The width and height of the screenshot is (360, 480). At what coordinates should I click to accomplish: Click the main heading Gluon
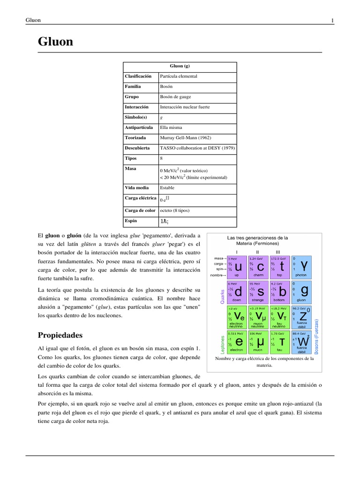(x=55, y=42)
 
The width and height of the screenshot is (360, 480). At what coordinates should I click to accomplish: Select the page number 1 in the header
(x=332, y=20)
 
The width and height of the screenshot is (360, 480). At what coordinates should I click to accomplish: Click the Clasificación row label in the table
(x=138, y=76)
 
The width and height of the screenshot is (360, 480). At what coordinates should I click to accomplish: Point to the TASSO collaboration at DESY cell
(x=197, y=148)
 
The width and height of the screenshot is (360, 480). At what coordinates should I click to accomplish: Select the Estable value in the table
(x=167, y=187)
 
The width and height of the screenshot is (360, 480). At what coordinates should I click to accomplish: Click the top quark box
(x=280, y=267)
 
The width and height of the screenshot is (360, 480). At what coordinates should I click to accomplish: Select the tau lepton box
(x=280, y=341)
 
